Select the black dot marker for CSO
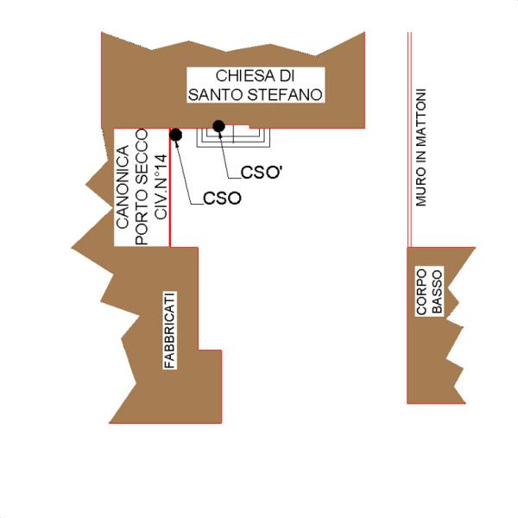(x=175, y=135)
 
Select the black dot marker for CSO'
(x=219, y=127)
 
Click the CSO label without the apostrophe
(x=222, y=199)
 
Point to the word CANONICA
(x=123, y=186)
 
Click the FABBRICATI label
(x=170, y=332)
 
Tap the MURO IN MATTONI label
(x=421, y=147)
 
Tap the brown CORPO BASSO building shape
(x=432, y=363)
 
